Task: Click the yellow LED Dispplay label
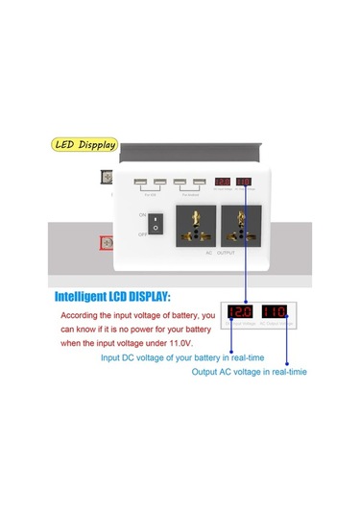click(84, 147)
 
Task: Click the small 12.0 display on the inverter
click(222, 181)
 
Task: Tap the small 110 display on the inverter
click(243, 181)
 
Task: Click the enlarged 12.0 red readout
click(239, 311)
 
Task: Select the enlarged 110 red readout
click(276, 311)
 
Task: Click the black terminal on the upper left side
click(107, 177)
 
